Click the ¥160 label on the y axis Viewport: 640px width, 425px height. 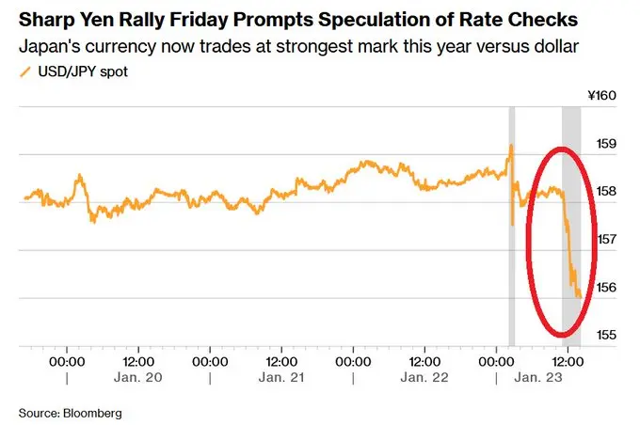[600, 95]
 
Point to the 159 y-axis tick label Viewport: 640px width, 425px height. [606, 144]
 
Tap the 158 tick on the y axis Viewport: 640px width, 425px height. [606, 192]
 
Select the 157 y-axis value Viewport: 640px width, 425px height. [606, 240]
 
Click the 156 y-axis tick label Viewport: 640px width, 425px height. [606, 288]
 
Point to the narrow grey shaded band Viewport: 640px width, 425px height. [511, 226]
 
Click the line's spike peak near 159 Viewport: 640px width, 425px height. [510, 146]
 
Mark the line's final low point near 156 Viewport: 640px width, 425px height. [577, 295]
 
